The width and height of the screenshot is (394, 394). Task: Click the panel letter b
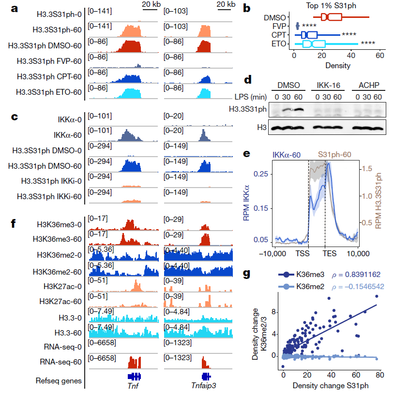point(247,8)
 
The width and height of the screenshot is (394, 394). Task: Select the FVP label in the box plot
point(279,26)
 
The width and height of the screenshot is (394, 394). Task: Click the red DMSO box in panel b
point(332,17)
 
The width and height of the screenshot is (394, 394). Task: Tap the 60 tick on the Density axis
point(379,56)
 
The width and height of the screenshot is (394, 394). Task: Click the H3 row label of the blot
point(260,127)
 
